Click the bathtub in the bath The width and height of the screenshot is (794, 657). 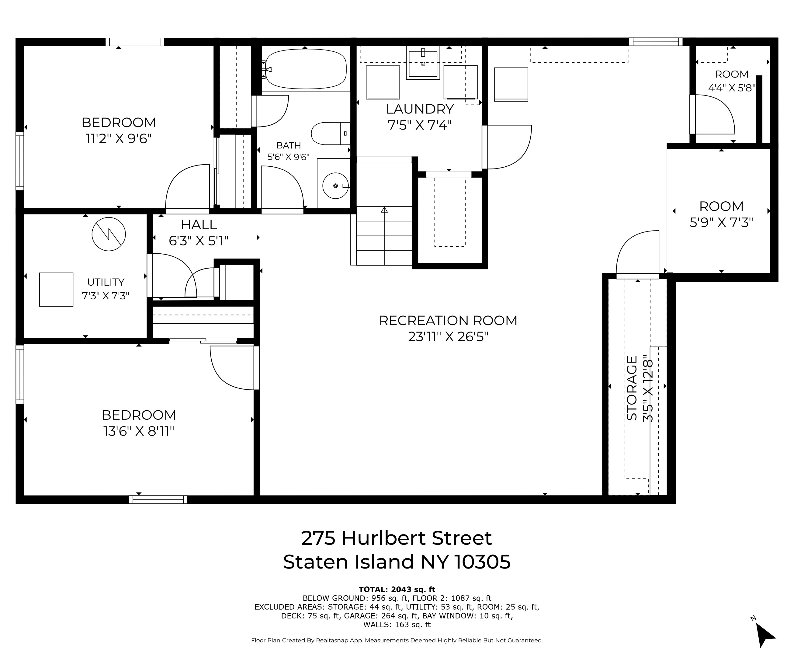click(306, 70)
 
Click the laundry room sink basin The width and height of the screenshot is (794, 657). click(423, 64)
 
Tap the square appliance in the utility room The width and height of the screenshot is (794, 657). click(56, 289)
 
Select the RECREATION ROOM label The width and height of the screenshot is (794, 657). click(448, 320)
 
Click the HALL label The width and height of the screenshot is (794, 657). click(199, 225)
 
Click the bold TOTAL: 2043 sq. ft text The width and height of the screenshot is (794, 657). click(397, 589)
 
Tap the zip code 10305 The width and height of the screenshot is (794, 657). click(482, 562)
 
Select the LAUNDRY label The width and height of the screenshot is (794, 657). click(419, 109)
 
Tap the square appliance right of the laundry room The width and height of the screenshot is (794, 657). click(511, 84)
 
